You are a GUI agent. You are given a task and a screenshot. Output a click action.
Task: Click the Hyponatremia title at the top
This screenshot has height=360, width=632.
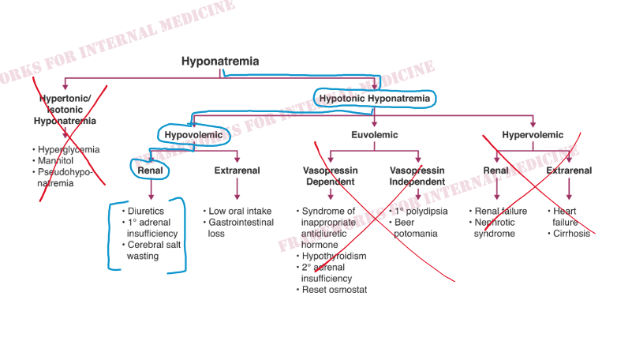pyautogui.click(x=220, y=62)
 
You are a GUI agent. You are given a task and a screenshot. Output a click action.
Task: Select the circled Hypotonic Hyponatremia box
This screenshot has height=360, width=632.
pyautogui.click(x=375, y=99)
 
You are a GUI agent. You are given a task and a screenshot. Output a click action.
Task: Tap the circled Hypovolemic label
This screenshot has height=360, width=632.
pyautogui.click(x=193, y=135)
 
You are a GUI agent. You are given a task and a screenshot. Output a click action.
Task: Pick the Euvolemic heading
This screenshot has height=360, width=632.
pyautogui.click(x=375, y=135)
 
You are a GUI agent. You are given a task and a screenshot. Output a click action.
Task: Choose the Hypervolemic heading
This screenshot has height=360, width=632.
pyautogui.click(x=533, y=135)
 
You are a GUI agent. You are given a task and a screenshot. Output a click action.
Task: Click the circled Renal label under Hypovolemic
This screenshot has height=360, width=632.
pyautogui.click(x=150, y=171)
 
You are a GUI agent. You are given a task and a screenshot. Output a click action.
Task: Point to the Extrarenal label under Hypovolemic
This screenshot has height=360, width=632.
pyautogui.click(x=237, y=171)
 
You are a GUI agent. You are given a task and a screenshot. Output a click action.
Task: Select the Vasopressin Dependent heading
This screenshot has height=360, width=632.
pyautogui.click(x=330, y=176)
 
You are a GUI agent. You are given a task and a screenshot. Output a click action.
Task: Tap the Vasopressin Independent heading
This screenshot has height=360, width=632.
pyautogui.click(x=417, y=176)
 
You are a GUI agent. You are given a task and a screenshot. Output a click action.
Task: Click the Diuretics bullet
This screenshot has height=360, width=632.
pyautogui.click(x=148, y=212)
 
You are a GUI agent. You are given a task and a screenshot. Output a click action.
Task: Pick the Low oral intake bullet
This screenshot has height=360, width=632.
pyautogui.click(x=239, y=212)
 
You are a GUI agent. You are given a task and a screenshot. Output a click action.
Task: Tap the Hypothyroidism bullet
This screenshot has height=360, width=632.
pyautogui.click(x=334, y=256)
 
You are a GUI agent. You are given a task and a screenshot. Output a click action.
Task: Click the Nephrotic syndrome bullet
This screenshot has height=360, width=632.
pyautogui.click(x=499, y=228)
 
